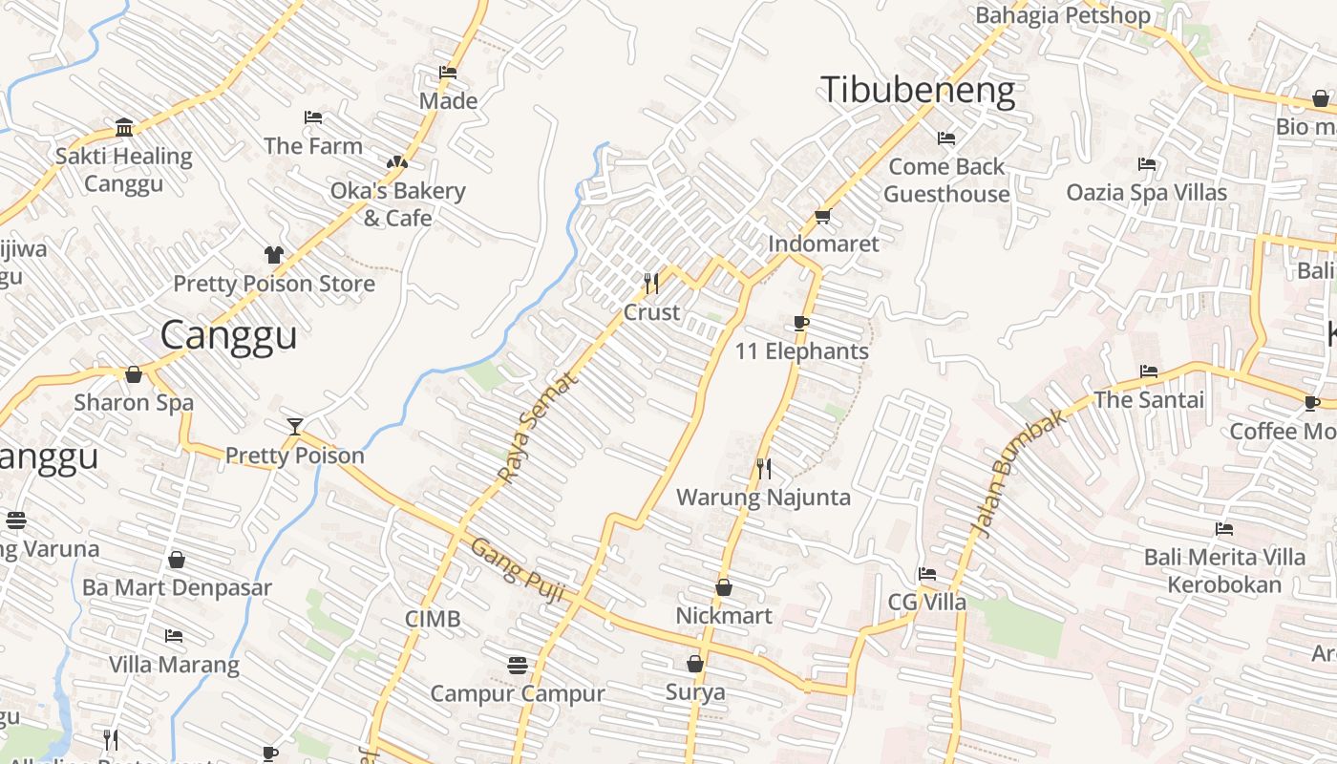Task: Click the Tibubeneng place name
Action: [x=917, y=90]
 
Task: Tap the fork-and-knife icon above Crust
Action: [x=651, y=283]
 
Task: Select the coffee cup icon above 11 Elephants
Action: [x=801, y=323]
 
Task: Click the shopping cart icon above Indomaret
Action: [x=822, y=216]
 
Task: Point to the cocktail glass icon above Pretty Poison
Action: [x=295, y=426]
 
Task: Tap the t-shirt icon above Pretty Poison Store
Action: [x=274, y=254]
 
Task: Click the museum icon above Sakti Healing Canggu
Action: [x=124, y=127]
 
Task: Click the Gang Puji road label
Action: [x=520, y=570]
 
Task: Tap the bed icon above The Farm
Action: [x=313, y=117]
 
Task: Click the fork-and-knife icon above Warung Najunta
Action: [x=763, y=468]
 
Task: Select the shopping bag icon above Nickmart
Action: [x=724, y=586]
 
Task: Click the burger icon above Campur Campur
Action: [x=518, y=665]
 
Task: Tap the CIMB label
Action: [x=433, y=619]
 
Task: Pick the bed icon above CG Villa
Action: [x=926, y=574]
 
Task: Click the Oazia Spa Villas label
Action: [x=1146, y=192]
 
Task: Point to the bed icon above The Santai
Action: [x=1148, y=371]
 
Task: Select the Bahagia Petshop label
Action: [x=1062, y=15]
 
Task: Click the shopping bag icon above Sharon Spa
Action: [x=134, y=373]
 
